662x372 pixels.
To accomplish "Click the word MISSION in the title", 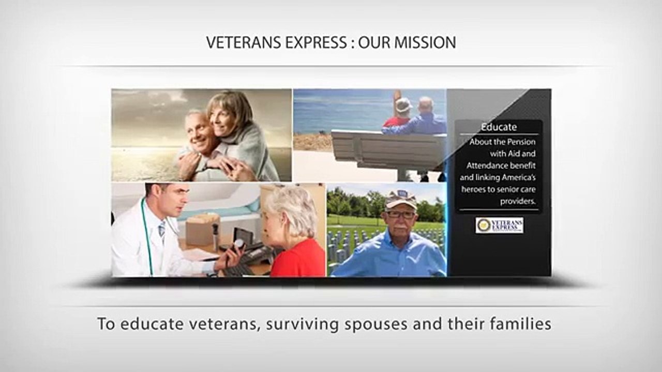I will coord(425,42).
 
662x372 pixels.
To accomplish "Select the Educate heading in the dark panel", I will coord(499,127).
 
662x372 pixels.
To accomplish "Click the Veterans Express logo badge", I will coord(499,225).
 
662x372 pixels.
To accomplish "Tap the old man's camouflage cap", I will coord(401,199).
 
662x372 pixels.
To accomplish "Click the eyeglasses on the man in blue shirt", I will coord(400,214).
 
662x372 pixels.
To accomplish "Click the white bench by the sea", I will coord(388,149).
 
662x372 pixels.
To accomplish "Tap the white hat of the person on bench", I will coord(403,105).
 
